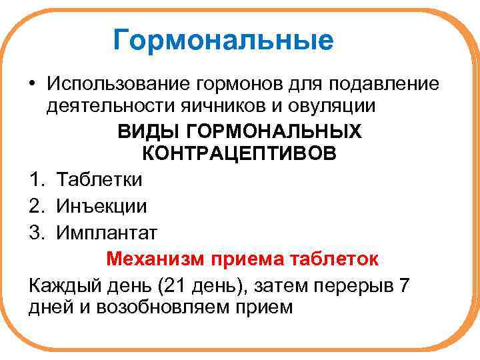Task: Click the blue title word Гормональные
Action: click(223, 40)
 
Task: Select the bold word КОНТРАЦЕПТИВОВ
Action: click(240, 154)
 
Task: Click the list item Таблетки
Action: click(99, 179)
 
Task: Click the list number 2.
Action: click(37, 206)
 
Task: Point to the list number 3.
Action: click(37, 233)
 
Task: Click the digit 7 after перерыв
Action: click(403, 285)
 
